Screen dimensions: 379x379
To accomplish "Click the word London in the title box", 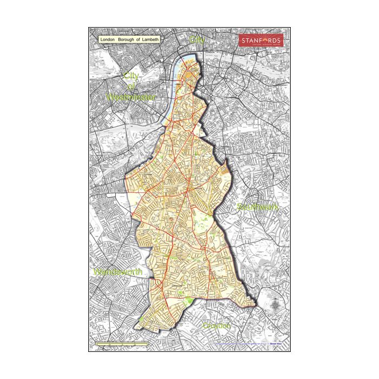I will [108, 40].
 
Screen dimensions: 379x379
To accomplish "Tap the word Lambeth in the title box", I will [152, 40].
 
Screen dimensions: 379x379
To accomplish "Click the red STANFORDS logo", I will [261, 41].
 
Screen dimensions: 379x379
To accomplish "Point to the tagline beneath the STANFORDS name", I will [261, 47].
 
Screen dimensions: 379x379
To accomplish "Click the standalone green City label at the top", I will [198, 40].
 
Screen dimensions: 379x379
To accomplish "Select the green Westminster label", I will [131, 97].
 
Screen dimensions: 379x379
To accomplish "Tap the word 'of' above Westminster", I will [130, 86].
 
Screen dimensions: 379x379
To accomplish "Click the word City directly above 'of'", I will [131, 76].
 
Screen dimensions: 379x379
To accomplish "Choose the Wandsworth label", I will [117, 271].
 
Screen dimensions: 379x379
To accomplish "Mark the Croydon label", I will [217, 326].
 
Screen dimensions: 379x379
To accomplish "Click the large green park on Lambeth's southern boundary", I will [190, 300].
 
